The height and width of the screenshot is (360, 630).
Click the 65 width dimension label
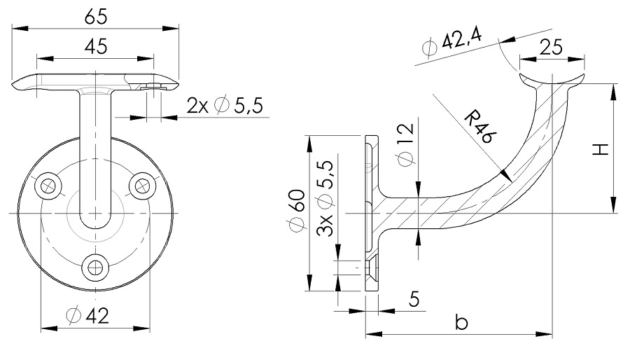pos(95,16)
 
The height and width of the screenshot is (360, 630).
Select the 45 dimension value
pos(95,47)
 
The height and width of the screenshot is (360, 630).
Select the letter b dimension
pos(460,322)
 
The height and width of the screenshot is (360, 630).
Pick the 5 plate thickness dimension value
pos(414,300)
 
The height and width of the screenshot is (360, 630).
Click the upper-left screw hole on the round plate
pos(48,185)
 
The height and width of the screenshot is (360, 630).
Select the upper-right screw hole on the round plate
pos(143,185)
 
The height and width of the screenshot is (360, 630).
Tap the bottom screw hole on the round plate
pos(95,266)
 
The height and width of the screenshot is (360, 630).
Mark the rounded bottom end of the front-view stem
pos(95,223)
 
